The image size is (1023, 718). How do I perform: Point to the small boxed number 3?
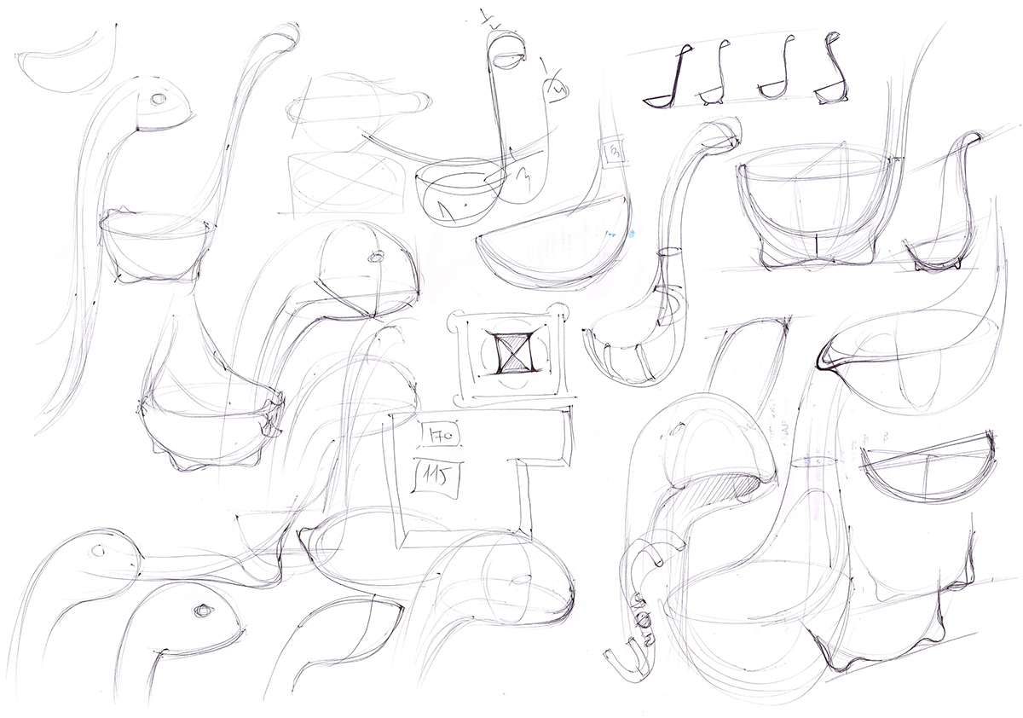point(613,153)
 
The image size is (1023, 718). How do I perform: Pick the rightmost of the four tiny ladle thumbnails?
point(831,76)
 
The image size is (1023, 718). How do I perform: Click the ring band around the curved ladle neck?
point(670,253)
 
